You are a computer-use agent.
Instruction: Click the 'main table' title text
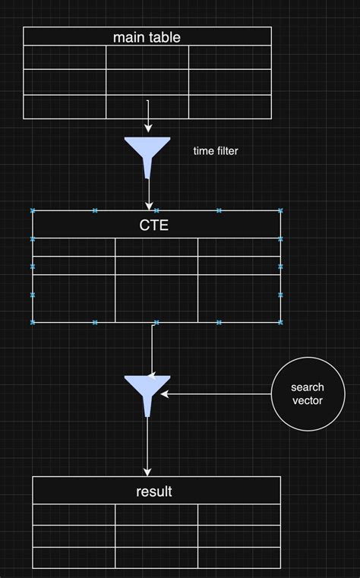147,36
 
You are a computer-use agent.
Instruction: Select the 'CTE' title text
154,225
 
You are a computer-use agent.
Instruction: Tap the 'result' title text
154,491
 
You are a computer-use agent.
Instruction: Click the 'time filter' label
216,151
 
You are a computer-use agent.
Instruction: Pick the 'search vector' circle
307,393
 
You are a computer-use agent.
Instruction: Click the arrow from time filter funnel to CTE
148,194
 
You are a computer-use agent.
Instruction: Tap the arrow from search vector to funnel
216,394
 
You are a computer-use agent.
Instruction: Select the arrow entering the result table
148,448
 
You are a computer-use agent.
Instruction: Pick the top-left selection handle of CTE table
33,210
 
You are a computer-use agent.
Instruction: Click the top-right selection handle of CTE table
280,210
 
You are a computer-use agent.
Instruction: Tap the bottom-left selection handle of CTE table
33,322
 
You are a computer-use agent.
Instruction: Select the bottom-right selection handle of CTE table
280,322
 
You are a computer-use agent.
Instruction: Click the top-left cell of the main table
65,58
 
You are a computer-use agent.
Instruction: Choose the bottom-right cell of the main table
229,106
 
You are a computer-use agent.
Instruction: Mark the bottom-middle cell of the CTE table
156,298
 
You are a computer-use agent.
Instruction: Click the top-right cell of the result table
239,514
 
